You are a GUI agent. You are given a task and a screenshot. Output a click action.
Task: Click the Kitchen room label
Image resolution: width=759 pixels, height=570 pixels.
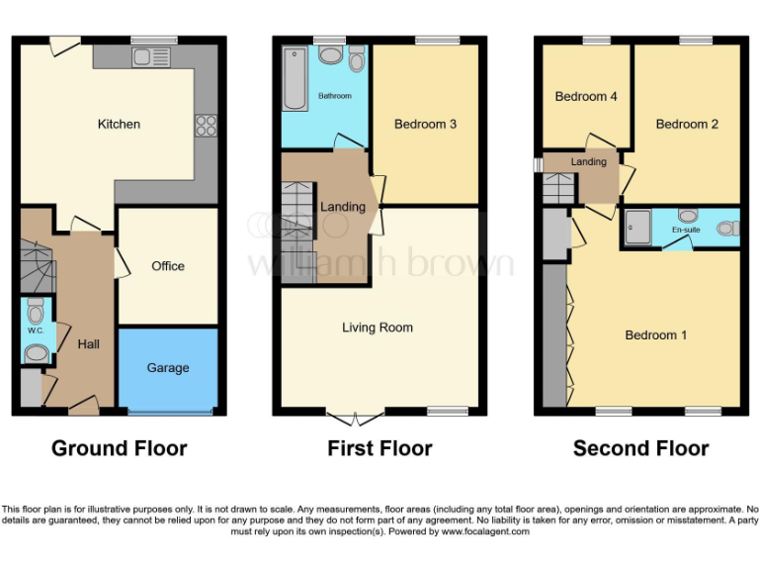pyautogui.click(x=119, y=124)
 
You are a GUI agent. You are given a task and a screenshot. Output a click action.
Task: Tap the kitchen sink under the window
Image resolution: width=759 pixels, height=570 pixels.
pyautogui.click(x=153, y=55)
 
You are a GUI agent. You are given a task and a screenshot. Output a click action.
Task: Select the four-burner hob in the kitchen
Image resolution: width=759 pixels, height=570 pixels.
pyautogui.click(x=207, y=124)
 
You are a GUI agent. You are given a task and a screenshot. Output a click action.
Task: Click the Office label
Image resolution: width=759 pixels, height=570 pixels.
pyautogui.click(x=168, y=266)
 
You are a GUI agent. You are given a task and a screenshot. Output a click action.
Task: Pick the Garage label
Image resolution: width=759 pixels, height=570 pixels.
pyautogui.click(x=168, y=368)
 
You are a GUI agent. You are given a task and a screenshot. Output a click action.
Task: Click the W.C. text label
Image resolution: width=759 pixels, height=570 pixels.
pyautogui.click(x=36, y=331)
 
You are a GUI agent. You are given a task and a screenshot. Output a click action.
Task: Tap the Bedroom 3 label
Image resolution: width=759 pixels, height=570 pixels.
pyautogui.click(x=425, y=124)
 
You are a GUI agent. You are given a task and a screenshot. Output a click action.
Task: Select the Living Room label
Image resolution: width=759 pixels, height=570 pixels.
pyautogui.click(x=378, y=328)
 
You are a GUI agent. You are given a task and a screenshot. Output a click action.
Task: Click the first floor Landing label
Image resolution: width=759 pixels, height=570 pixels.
pyautogui.click(x=343, y=207)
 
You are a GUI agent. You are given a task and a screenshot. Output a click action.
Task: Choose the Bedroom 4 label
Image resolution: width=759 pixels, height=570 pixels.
pyautogui.click(x=586, y=97)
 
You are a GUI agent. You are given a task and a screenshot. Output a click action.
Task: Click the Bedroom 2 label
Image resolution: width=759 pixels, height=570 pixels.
pyautogui.click(x=687, y=124)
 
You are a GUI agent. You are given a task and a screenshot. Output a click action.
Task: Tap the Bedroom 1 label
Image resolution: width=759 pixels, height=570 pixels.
pyautogui.click(x=656, y=335)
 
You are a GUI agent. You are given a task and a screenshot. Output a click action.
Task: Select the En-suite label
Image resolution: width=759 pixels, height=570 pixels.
pyautogui.click(x=685, y=231)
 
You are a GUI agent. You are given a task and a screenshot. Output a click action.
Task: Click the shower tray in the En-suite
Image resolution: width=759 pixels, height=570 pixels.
pyautogui.click(x=638, y=228)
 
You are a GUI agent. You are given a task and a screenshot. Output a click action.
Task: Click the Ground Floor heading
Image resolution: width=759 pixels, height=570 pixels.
pyautogui.click(x=119, y=448)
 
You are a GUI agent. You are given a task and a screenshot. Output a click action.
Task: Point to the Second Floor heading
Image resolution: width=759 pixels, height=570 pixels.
pyautogui.click(x=640, y=448)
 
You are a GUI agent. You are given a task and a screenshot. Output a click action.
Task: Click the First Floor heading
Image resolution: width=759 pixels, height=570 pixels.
pyautogui.click(x=379, y=448)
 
